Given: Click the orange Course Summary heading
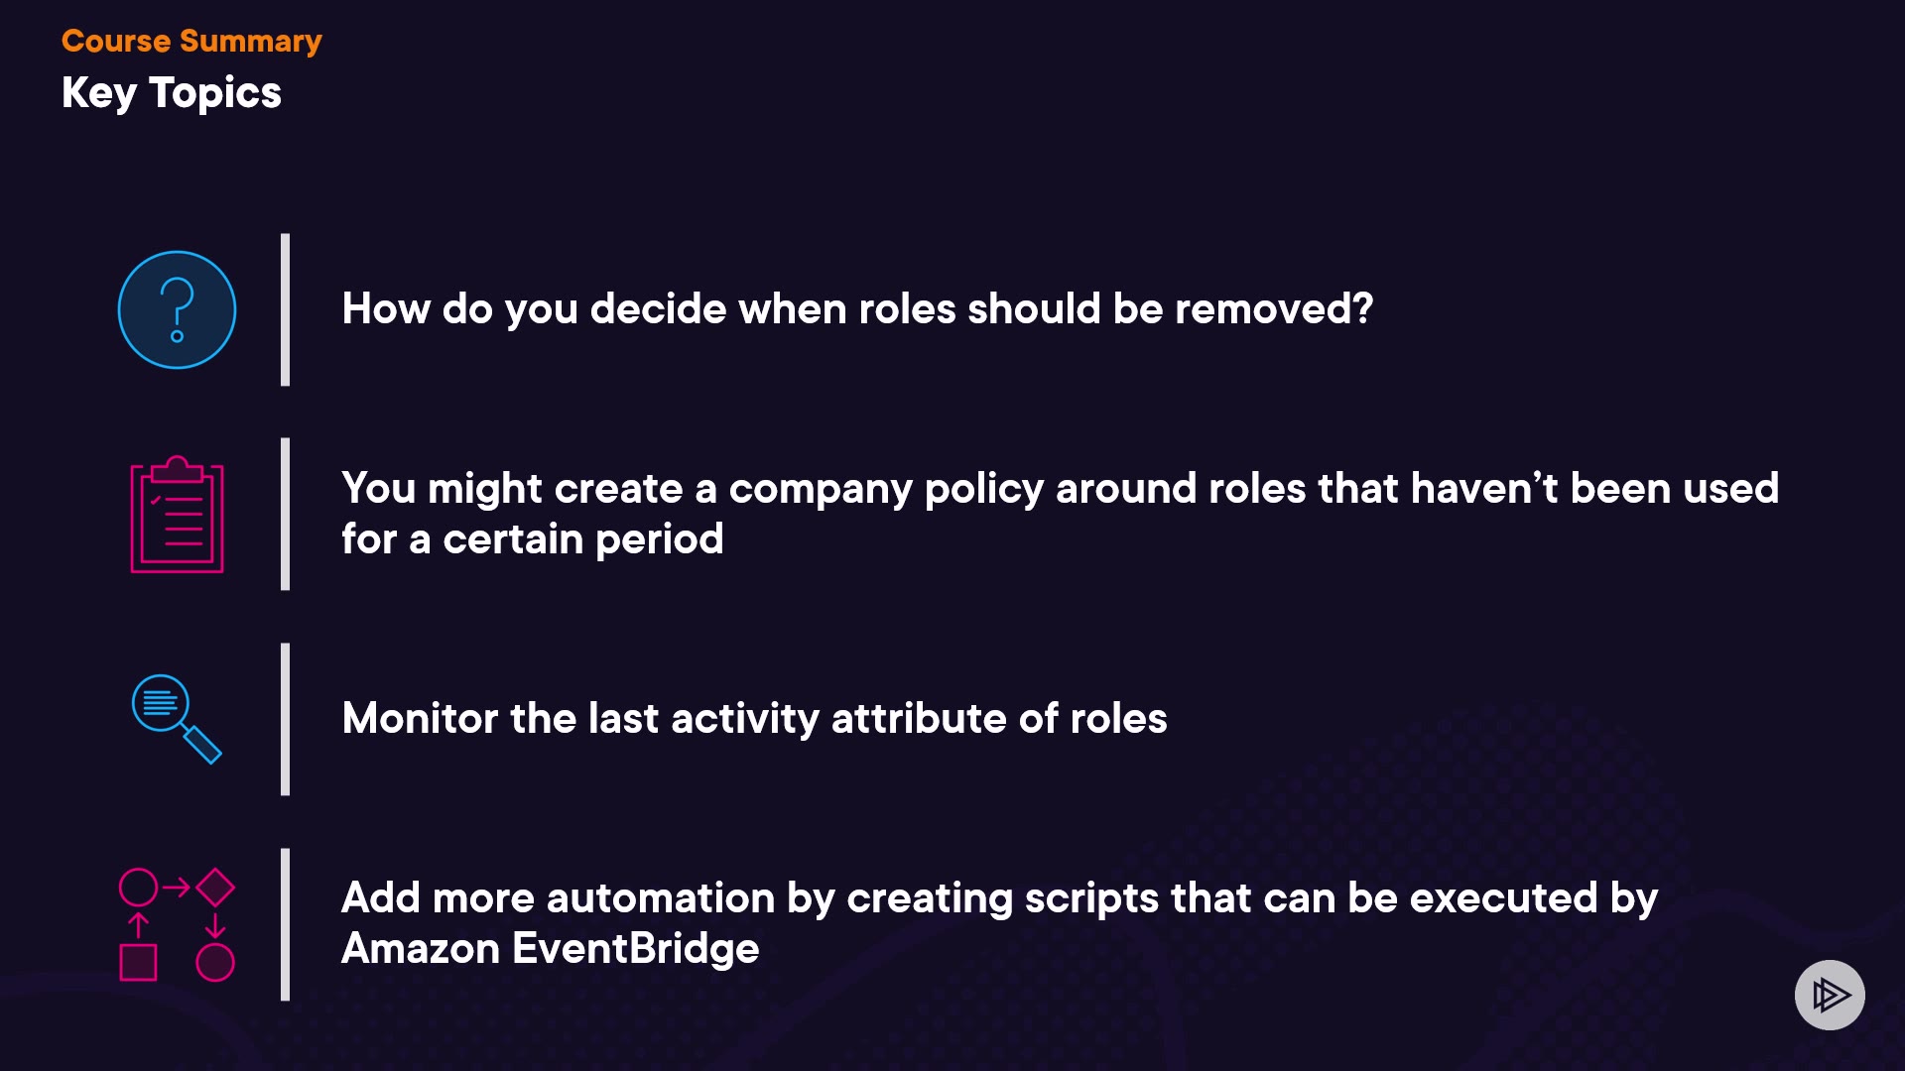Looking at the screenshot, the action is pyautogui.click(x=191, y=42).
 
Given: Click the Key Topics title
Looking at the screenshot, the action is pyautogui.click(x=172, y=93).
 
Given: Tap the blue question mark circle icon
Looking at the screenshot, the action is pyautogui.click(x=177, y=309).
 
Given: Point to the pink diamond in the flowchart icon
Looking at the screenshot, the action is pyautogui.click(x=215, y=888).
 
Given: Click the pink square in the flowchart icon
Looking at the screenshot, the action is pyautogui.click(x=138, y=962).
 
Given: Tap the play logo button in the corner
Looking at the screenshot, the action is pyautogui.click(x=1830, y=995).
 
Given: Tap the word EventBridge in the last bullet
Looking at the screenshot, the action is pyautogui.click(x=636, y=949).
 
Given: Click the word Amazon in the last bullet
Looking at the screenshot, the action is pyautogui.click(x=421, y=949).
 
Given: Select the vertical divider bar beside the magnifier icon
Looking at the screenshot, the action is pyautogui.click(x=286, y=719).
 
